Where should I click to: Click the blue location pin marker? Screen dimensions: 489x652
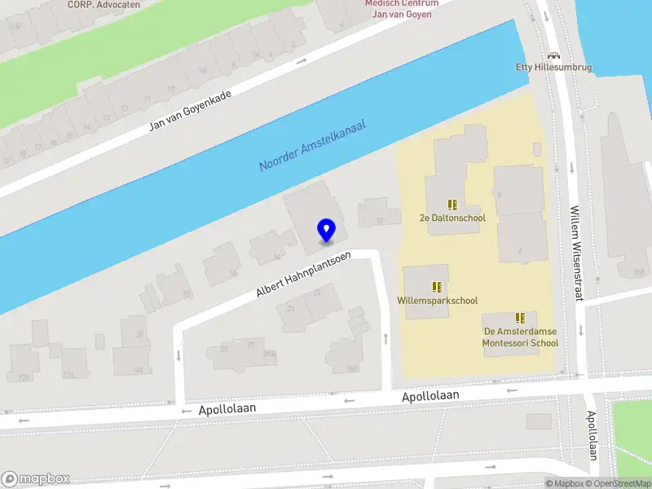(x=326, y=231)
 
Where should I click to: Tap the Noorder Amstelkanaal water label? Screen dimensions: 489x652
(x=312, y=146)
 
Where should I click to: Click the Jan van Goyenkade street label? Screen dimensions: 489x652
(x=190, y=110)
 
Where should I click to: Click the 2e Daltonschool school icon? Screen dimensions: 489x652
(x=452, y=205)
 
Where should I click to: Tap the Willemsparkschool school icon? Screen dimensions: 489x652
(x=438, y=287)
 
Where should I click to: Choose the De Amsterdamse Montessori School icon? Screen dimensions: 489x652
(x=520, y=318)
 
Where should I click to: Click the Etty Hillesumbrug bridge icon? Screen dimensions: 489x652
(x=554, y=55)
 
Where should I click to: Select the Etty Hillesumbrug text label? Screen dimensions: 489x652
(x=554, y=68)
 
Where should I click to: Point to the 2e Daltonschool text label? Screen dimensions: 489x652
(x=452, y=218)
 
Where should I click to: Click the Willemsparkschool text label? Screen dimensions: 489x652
(x=438, y=301)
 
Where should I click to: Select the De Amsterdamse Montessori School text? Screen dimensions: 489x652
(x=521, y=337)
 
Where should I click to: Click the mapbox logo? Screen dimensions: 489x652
(x=36, y=479)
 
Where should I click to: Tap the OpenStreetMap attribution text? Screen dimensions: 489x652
(x=623, y=483)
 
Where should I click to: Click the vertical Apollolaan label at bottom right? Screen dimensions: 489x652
(x=593, y=436)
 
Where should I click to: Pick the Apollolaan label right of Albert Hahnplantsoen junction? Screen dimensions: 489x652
(x=430, y=396)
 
